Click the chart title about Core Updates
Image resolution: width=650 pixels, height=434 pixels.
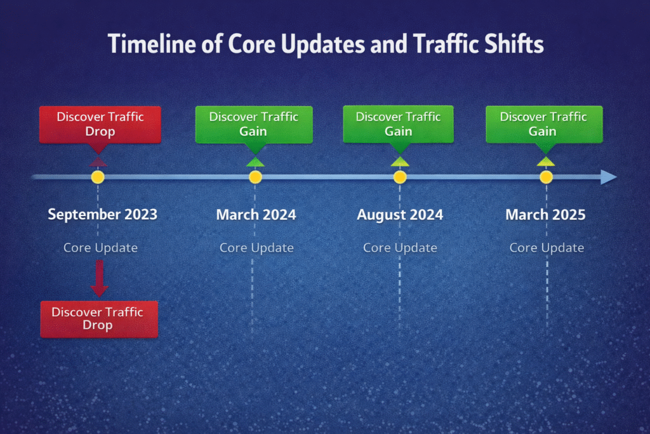coord(326,44)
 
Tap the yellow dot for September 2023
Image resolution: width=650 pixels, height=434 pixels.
coord(98,177)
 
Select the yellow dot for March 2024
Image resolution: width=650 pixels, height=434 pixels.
coord(255,177)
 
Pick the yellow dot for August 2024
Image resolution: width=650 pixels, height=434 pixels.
coord(400,177)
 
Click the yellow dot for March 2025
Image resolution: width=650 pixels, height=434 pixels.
coord(547,177)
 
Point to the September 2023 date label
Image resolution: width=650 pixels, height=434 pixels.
coord(102,215)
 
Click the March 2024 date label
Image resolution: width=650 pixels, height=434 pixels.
coord(256,215)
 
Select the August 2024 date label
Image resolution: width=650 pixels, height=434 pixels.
coord(400,215)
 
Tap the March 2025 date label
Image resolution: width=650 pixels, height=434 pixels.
coord(545,215)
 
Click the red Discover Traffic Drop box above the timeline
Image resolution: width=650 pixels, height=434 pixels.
coord(100,125)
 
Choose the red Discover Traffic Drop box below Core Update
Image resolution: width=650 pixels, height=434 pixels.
coord(99,319)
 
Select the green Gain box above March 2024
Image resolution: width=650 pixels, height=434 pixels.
coord(254,125)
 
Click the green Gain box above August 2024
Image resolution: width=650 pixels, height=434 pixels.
coord(399,125)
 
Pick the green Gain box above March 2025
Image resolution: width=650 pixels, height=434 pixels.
coord(544,125)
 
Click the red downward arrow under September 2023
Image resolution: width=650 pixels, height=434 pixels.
coord(100,278)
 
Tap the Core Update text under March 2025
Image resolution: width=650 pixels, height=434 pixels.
coord(547,248)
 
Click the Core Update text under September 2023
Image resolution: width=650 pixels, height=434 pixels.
coord(100,248)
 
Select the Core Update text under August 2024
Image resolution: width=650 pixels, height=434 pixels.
coord(400,248)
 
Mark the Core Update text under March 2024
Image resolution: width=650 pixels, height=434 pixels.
coord(256,248)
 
